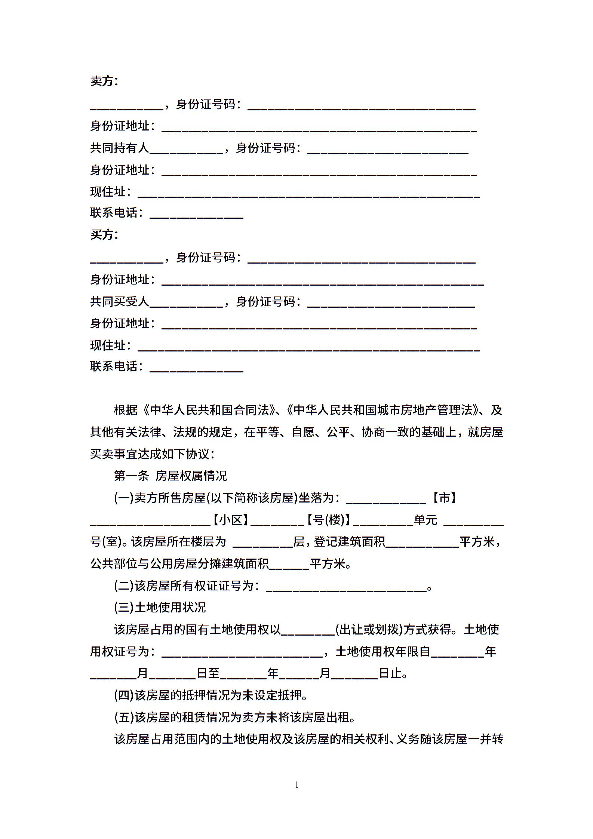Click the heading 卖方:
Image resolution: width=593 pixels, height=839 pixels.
[x=104, y=81]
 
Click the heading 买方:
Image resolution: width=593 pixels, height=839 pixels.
[x=104, y=234]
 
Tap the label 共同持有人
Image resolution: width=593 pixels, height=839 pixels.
[x=120, y=148]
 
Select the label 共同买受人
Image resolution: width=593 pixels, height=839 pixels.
[x=120, y=301]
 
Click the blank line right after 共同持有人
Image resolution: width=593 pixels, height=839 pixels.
[x=186, y=151]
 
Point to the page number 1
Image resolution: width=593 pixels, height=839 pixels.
[x=297, y=785]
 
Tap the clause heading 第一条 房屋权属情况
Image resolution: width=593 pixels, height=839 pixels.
[x=170, y=476]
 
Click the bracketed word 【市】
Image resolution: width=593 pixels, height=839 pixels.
[x=444, y=498]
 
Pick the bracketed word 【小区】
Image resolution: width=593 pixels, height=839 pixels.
[x=231, y=520]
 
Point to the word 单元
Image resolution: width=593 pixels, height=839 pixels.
[x=425, y=520]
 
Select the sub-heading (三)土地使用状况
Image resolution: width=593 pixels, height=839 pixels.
[x=160, y=608]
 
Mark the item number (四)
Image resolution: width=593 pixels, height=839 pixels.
[x=124, y=695]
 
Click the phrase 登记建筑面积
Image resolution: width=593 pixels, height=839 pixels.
[x=349, y=542]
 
